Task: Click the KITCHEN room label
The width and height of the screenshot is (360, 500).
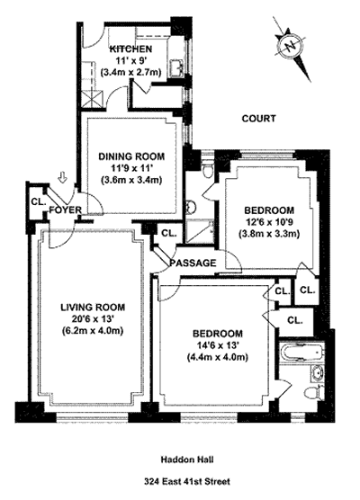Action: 130,49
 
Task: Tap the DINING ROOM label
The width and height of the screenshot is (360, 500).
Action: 131,156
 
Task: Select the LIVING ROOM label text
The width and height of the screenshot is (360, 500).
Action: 93,308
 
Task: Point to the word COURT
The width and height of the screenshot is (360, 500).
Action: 258,119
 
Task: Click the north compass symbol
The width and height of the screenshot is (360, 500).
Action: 292,48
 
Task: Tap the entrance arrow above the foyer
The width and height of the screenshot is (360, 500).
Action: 64,177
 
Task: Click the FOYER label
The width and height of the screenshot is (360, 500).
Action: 66,210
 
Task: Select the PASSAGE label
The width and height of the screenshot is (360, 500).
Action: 193,263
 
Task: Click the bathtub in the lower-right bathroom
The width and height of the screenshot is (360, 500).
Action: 302,353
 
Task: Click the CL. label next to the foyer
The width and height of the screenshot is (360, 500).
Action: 39,201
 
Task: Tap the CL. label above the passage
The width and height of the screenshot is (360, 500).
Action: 169,233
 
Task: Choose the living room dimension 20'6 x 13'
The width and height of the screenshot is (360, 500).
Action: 93,319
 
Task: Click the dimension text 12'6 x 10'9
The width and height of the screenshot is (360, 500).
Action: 269,222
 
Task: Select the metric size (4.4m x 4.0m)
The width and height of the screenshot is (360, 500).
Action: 218,357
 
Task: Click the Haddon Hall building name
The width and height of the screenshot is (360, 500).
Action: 187,460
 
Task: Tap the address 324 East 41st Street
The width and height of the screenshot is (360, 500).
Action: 187,481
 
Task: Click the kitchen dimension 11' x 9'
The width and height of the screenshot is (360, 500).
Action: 130,60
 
